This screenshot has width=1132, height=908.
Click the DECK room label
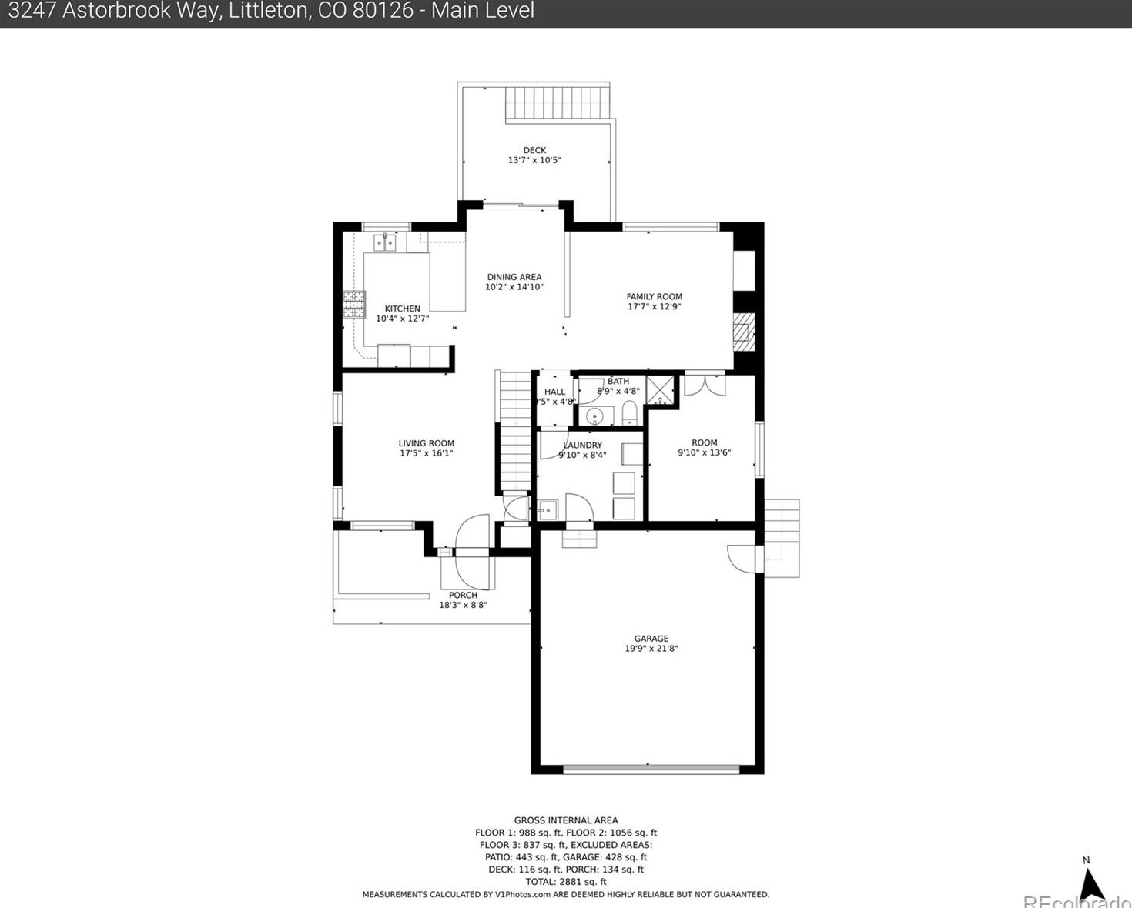534,150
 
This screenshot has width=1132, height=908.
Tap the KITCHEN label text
403,309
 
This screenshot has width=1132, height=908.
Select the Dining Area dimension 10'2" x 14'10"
514,287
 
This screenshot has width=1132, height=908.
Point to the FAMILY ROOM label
654,296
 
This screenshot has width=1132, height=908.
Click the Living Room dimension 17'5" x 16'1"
426,453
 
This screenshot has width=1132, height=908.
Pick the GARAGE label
651,638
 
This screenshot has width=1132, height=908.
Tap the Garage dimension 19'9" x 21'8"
651,649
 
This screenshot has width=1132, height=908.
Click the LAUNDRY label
583,445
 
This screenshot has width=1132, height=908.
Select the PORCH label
463,595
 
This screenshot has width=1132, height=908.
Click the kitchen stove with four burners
354,305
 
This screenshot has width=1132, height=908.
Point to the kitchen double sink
384,243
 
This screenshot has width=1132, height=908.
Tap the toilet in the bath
629,413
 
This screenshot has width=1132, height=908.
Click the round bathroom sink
594,416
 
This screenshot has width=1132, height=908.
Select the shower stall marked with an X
660,390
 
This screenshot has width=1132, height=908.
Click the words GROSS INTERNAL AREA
566,820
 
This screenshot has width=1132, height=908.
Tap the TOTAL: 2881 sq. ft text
566,882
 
